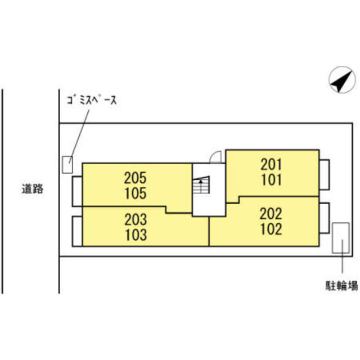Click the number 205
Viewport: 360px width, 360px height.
[x=135, y=178]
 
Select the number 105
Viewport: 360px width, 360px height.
[x=136, y=193]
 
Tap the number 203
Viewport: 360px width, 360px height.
[x=136, y=219]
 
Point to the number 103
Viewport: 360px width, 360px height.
[x=136, y=235]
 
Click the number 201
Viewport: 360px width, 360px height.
[x=271, y=164]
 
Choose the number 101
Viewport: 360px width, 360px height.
[x=271, y=179]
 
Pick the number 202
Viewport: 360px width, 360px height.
[x=271, y=214]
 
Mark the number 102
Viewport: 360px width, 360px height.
[x=271, y=229]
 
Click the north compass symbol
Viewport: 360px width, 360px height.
[x=342, y=80]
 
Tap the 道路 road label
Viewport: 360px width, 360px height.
[x=33, y=189]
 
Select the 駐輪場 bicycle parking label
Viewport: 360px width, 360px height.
[x=341, y=286]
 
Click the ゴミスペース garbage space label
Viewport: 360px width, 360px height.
[x=92, y=100]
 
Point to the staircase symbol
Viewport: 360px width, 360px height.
[x=201, y=184]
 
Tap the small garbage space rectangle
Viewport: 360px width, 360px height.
[x=67, y=165]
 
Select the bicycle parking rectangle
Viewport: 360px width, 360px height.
[x=341, y=238]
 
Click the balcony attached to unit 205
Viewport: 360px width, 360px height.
[x=77, y=191]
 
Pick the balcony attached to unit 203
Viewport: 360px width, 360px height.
[x=77, y=231]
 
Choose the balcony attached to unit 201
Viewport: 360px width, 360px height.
[x=325, y=175]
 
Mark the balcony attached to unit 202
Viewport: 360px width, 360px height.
[x=325, y=218]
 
